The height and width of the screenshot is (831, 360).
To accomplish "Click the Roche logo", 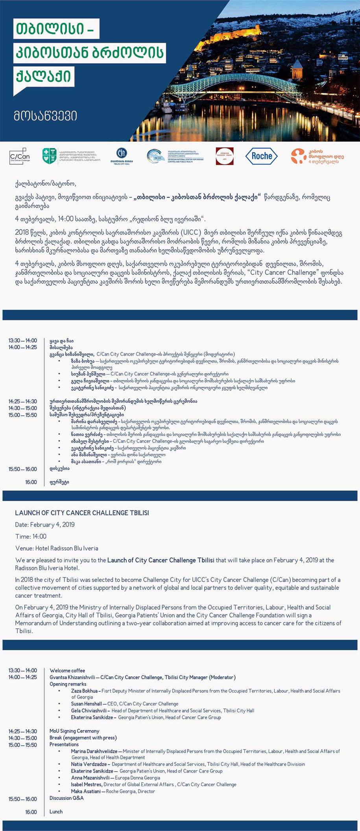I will (262, 156).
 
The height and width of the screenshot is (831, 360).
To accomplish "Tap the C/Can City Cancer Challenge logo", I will (20, 156).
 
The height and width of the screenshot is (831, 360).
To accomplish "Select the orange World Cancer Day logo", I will (317, 156).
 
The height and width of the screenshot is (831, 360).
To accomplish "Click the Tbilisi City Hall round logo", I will (122, 154).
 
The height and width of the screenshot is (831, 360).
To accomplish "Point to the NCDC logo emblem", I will (155, 156).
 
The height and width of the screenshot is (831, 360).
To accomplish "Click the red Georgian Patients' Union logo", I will (225, 156).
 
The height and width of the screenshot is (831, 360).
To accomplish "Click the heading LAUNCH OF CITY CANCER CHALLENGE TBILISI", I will (82, 513).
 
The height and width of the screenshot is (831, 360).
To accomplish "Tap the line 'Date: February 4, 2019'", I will (45, 525).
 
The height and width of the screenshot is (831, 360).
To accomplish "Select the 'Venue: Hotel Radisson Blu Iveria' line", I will (57, 548).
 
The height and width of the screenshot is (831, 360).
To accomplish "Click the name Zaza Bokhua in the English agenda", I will (84, 691).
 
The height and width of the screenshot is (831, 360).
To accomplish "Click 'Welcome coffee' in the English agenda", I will (67, 671).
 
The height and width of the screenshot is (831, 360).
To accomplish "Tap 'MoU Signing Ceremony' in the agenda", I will (74, 731).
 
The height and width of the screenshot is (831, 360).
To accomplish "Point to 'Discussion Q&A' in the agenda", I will (66, 798).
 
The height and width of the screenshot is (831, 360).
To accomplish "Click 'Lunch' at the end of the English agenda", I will (56, 811).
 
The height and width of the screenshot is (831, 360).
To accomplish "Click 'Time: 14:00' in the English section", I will (31, 536).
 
